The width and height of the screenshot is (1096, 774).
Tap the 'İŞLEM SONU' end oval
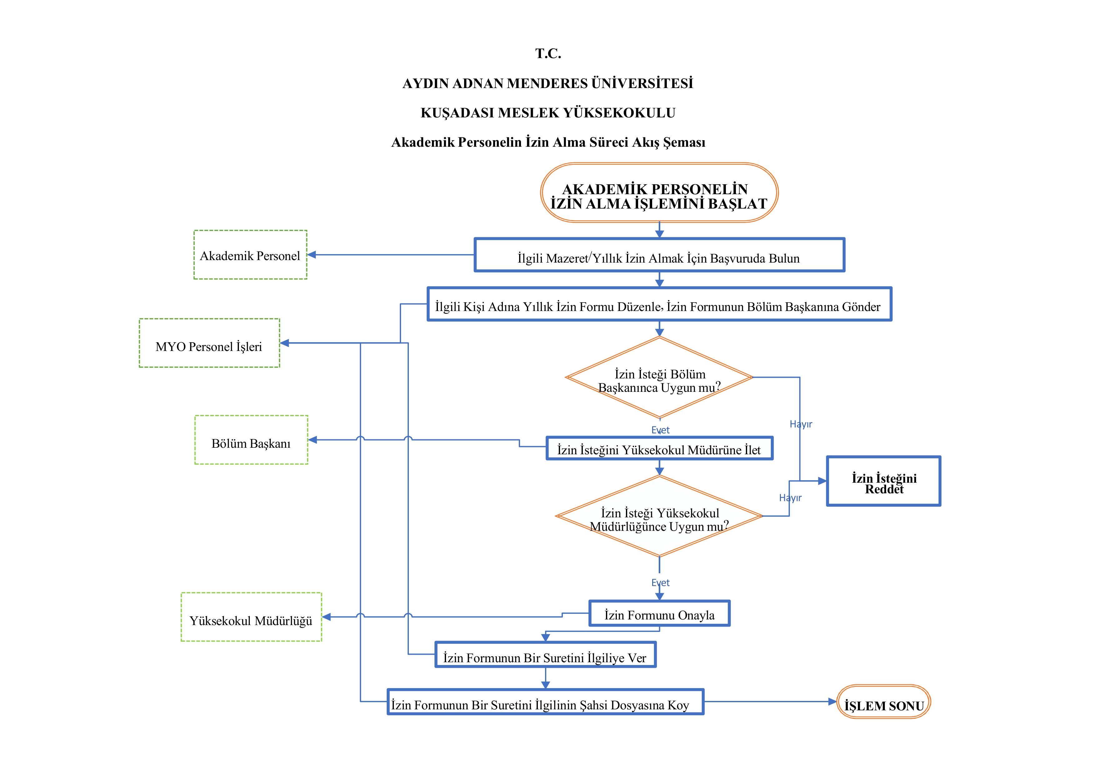tap(884, 702)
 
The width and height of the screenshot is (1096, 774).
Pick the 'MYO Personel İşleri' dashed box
tap(209, 343)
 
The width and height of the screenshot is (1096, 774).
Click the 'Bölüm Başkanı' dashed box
tap(251, 440)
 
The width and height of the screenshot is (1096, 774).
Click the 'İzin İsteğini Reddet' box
tap(884, 481)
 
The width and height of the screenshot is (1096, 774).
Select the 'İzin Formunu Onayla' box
tap(659, 614)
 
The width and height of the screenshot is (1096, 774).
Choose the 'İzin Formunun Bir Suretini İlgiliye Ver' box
tap(545, 655)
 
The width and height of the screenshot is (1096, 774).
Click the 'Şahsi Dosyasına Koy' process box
tap(545, 702)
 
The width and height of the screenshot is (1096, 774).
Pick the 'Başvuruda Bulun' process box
tap(659, 255)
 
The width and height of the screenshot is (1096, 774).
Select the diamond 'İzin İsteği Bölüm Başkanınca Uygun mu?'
tap(659, 378)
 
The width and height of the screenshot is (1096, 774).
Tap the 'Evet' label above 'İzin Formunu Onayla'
tap(661, 583)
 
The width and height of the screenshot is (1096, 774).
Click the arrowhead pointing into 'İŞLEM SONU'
tap(833, 702)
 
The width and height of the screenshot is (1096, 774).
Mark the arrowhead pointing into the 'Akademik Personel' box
tap(312, 255)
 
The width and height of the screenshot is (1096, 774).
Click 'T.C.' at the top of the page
tap(548, 53)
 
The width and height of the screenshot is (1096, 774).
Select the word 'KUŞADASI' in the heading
tap(457, 113)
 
